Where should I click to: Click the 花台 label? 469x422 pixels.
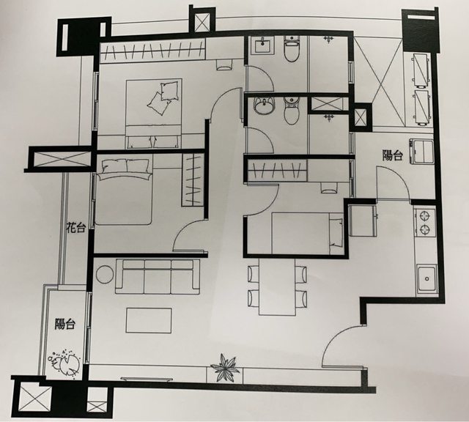tap(76, 228)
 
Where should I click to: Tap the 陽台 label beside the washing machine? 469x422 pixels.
tap(393, 155)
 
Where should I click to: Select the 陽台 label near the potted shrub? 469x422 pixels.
tap(65, 324)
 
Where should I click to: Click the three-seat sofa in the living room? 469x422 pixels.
tap(158, 277)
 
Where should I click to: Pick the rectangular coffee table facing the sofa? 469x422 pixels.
tap(149, 321)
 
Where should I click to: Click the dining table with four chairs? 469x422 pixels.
tap(277, 286)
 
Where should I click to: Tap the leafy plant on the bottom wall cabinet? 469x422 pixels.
tap(225, 368)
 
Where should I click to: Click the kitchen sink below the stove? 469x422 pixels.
tap(426, 278)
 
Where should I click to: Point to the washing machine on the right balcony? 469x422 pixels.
tap(422, 151)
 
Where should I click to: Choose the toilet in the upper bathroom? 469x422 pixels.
tap(292, 48)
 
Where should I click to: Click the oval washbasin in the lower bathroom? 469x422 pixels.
tap(264, 106)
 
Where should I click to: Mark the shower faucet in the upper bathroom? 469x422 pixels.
tap(329, 40)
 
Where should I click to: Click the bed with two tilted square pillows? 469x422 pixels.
tap(154, 114)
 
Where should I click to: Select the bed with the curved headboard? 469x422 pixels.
tap(123, 192)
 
